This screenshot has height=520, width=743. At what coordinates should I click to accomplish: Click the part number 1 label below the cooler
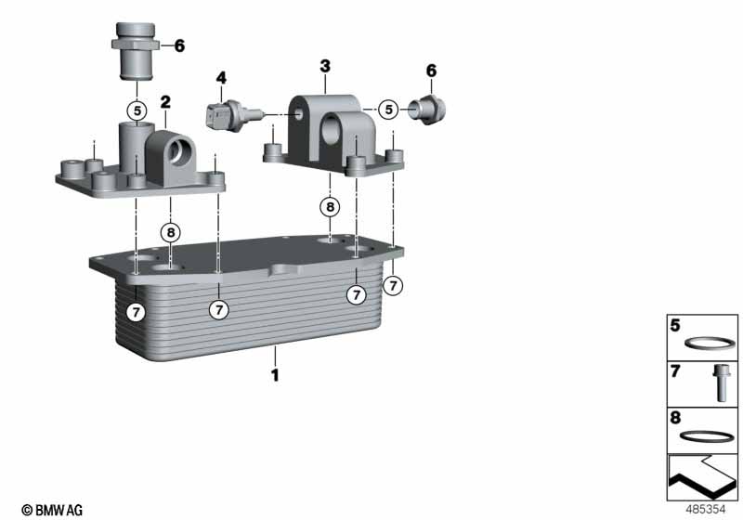[x=275, y=375]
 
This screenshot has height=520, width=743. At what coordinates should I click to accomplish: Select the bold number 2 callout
[x=165, y=102]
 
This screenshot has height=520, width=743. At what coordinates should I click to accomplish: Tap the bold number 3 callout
[x=325, y=66]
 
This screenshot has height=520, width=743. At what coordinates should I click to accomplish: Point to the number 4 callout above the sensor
[x=221, y=78]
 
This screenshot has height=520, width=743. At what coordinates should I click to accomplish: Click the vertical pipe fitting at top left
[x=136, y=51]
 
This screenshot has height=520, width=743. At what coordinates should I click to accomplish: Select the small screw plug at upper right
[x=427, y=110]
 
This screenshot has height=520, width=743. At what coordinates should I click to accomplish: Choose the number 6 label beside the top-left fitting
[x=179, y=45]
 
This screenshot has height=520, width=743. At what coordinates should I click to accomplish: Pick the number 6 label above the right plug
[x=431, y=71]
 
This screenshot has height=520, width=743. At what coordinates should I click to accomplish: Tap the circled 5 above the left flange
[x=137, y=111]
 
